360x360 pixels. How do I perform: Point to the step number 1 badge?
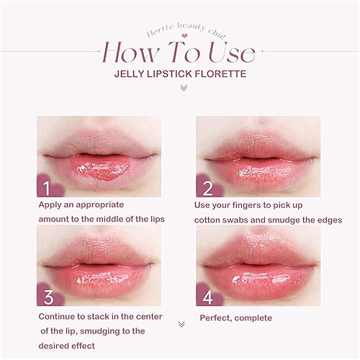(48, 189)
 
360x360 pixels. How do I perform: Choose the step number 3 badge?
(48, 294)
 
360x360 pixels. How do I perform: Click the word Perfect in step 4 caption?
(216, 317)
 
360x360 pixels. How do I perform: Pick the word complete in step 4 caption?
(256, 318)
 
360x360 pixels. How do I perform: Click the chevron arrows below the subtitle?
(183, 88)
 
